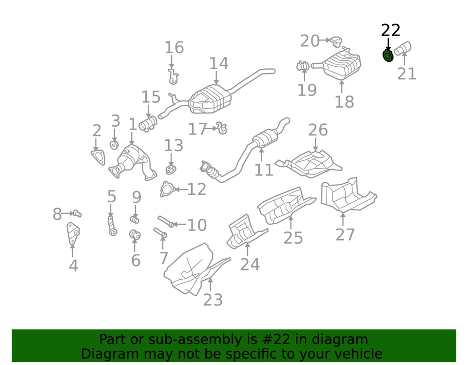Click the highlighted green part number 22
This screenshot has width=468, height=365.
point(388,56)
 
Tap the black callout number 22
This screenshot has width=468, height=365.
point(390,31)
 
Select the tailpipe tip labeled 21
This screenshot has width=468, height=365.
point(403,48)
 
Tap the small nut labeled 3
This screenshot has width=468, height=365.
point(115,145)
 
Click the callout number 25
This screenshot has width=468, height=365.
point(293,237)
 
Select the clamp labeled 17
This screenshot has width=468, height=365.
point(222,129)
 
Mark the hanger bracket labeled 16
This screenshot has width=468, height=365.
point(173,75)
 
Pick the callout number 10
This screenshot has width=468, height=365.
point(196,225)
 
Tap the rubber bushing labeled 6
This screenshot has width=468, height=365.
point(135,235)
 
